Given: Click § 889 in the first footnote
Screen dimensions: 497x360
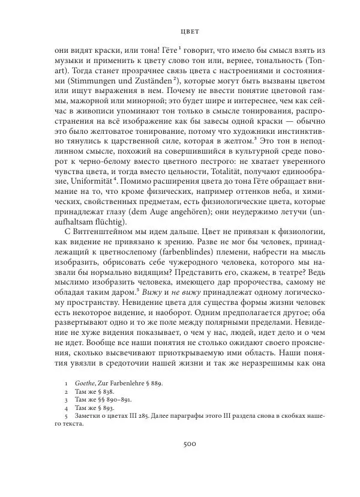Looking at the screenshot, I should click(152, 382).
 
